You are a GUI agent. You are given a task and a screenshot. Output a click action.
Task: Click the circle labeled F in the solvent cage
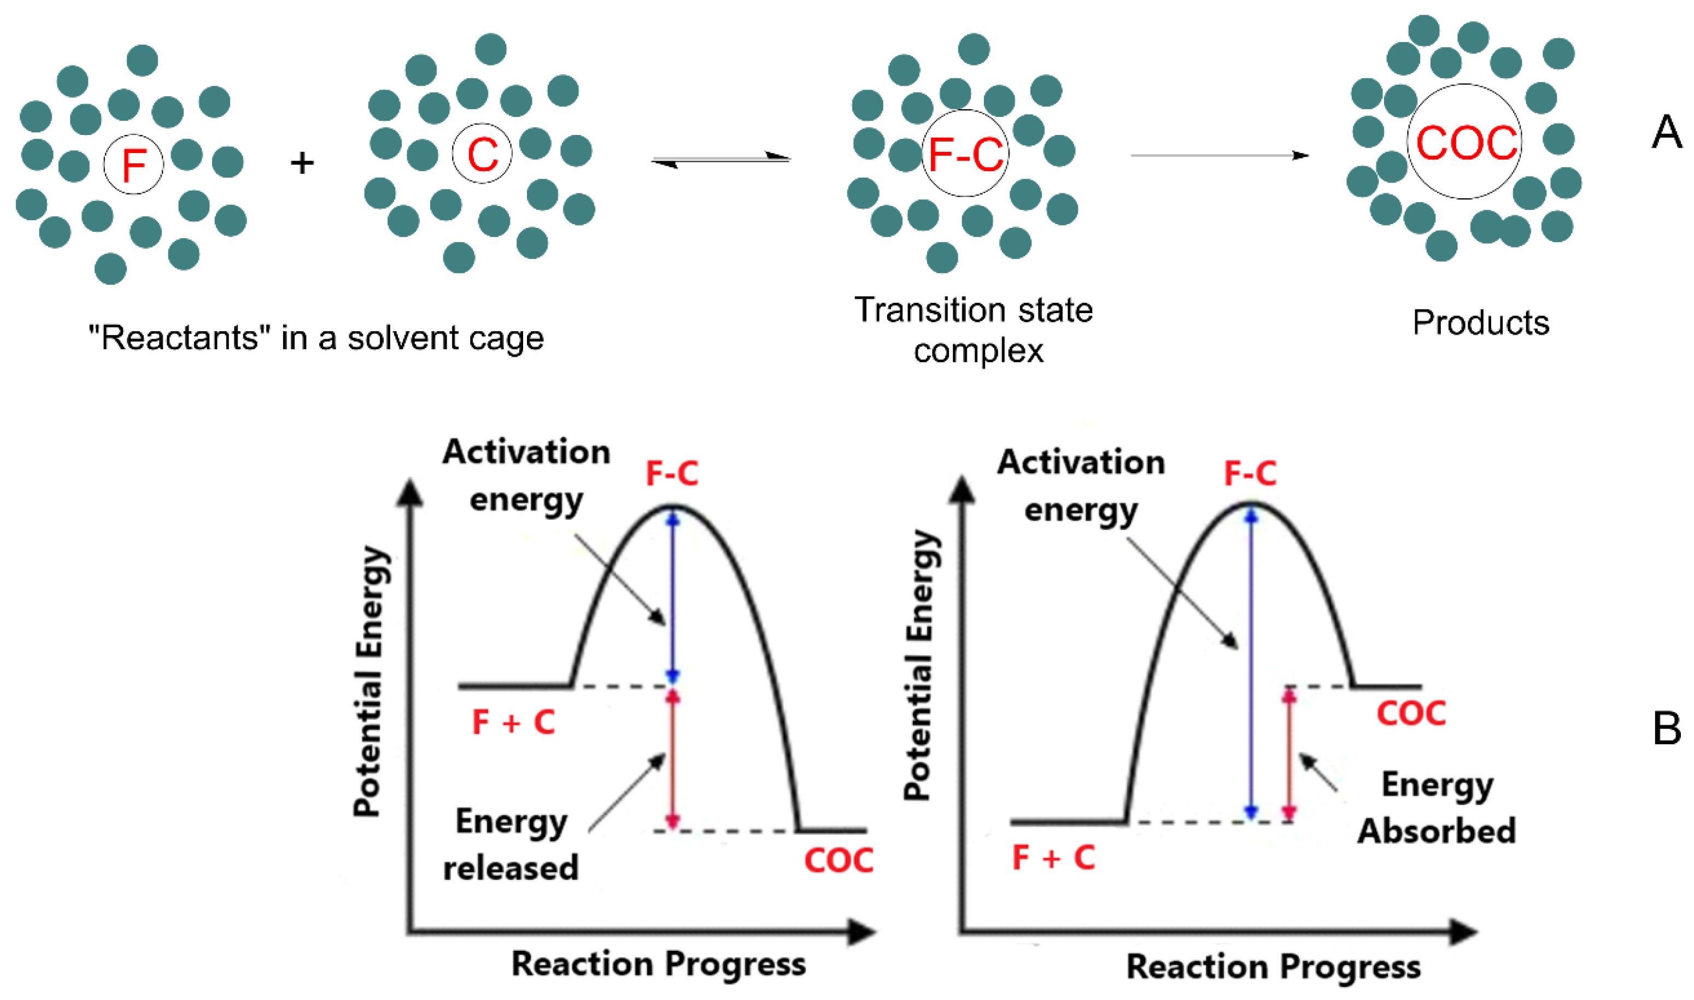(133, 164)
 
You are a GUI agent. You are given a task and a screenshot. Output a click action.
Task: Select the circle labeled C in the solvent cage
(482, 154)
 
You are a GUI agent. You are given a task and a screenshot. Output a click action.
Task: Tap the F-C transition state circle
(965, 154)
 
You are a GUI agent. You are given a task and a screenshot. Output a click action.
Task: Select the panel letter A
(1666, 132)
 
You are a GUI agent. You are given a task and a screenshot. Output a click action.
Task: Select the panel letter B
(1666, 729)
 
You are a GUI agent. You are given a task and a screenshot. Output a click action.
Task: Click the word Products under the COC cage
(1480, 323)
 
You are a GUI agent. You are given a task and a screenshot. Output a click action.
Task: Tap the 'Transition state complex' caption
(974, 330)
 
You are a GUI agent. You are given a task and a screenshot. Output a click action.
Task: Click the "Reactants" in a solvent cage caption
(316, 338)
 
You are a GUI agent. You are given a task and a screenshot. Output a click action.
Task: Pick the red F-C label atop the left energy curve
(671, 473)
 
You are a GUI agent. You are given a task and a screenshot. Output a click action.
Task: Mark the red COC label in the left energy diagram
(839, 861)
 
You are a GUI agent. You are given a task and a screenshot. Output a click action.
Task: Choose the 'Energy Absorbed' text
(1437, 807)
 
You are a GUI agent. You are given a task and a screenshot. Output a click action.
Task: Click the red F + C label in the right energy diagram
(1053, 858)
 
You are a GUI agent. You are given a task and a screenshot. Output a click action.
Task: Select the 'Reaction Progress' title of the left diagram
(659, 963)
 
